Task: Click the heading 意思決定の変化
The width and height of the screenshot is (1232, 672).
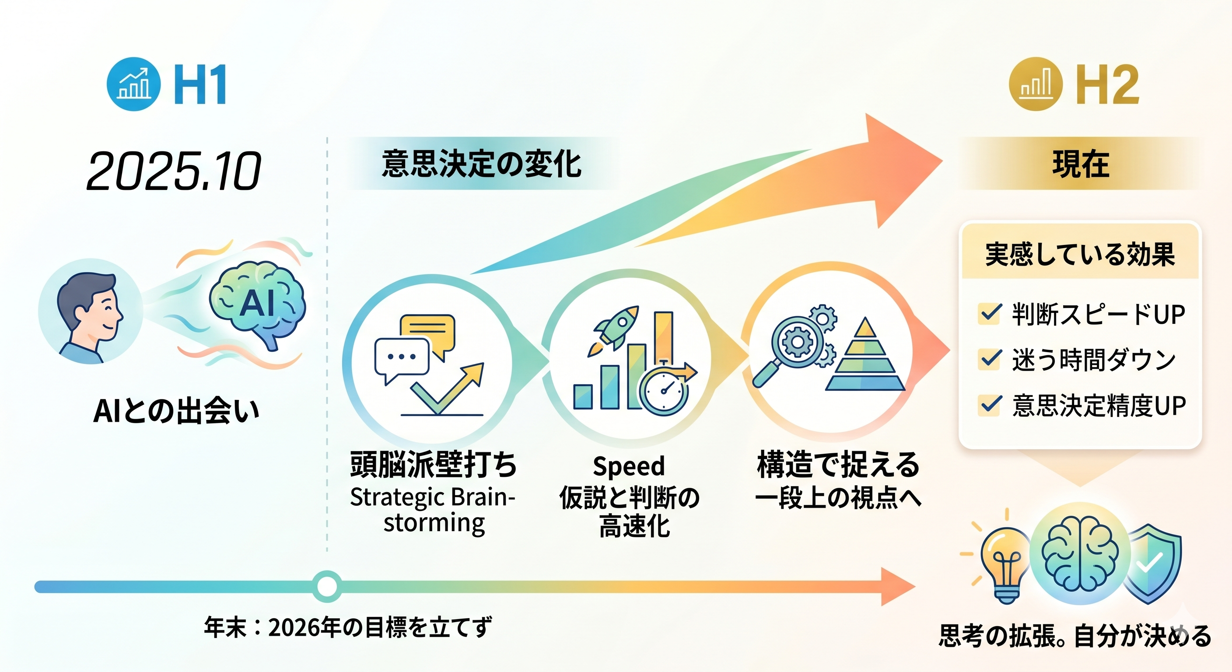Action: (x=481, y=164)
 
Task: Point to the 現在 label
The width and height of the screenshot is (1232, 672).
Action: (x=1080, y=164)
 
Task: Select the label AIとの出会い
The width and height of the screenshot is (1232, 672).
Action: (x=176, y=410)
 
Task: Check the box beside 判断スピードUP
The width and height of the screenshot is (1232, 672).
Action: (x=990, y=314)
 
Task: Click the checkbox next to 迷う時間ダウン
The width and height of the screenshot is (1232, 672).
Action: (x=990, y=359)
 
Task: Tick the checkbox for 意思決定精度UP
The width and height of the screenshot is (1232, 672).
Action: (x=990, y=405)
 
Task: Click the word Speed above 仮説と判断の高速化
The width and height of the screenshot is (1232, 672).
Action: (x=628, y=466)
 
